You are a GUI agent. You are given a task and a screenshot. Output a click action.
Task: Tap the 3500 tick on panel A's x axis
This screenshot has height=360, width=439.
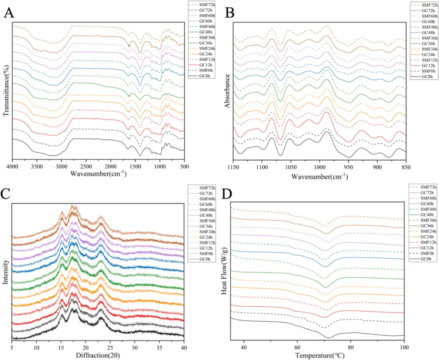(x=37, y=167)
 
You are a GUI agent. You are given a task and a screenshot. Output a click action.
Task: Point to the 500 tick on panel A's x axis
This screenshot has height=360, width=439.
(x=184, y=167)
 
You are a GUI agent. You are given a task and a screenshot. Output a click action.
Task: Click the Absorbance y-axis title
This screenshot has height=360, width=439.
(x=228, y=90)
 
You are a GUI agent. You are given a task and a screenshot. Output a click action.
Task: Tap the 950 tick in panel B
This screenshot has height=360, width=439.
(x=348, y=167)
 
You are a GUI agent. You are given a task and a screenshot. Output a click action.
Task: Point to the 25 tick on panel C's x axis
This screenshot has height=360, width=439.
(x=110, y=348)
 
